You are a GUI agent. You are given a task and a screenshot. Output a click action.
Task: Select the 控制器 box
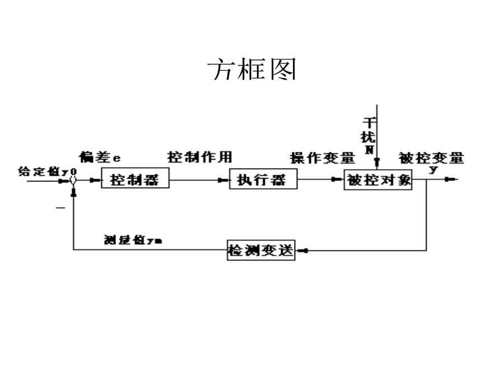(x=135, y=180)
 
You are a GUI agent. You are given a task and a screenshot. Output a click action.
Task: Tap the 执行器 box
(x=263, y=180)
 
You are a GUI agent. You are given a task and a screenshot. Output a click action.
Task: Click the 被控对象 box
(x=379, y=180)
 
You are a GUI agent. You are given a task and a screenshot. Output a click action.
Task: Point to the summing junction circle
(x=73, y=180)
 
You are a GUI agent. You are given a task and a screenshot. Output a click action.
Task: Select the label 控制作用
(x=200, y=156)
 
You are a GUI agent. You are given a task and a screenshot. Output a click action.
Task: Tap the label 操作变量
(x=323, y=157)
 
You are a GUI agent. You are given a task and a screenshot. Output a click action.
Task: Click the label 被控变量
(x=431, y=157)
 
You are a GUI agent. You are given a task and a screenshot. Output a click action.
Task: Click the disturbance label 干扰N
(x=369, y=134)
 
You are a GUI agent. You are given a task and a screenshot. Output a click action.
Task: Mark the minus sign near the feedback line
(x=60, y=208)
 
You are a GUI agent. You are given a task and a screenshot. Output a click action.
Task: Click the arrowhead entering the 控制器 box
(x=97, y=180)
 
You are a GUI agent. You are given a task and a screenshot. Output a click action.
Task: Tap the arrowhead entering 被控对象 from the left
(x=339, y=180)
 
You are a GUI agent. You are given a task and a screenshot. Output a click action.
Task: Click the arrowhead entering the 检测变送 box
(x=301, y=250)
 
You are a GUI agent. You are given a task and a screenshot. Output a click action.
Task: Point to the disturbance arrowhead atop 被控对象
(x=378, y=164)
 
